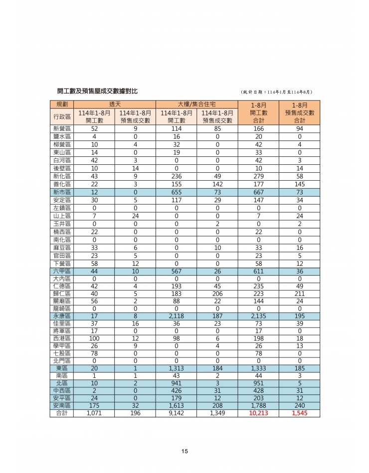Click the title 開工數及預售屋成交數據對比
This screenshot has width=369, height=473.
[97, 91]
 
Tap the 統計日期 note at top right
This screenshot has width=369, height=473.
[276, 92]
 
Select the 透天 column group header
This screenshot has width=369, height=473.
[115, 104]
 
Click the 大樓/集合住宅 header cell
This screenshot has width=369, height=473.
[197, 104]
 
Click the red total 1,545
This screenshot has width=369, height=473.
[299, 413]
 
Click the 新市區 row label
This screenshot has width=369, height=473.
[62, 192]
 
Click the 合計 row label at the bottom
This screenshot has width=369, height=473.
[62, 413]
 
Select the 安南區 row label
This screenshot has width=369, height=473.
[62, 405]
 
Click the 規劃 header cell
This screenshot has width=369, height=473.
[62, 104]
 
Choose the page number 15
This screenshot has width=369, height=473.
[184, 452]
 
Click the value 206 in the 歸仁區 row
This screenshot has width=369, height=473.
[217, 294]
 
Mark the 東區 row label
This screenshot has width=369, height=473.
[62, 368]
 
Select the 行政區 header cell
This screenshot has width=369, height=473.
[62, 117]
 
